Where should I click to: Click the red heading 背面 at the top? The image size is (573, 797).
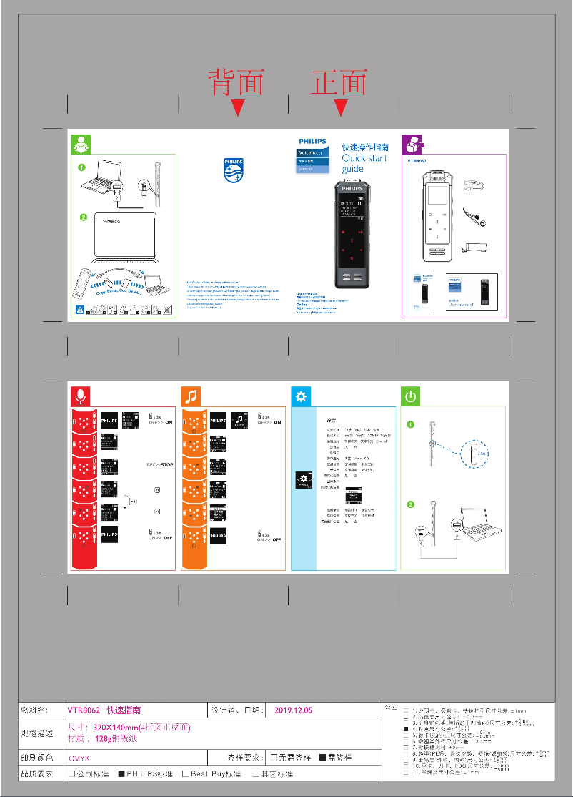pyautogui.click(x=236, y=82)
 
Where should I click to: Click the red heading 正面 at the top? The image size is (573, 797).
pyautogui.click(x=339, y=82)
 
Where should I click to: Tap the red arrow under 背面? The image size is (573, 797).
pyautogui.click(x=238, y=108)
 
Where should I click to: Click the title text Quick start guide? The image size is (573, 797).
pyautogui.click(x=363, y=158)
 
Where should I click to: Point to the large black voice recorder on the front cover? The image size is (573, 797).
pyautogui.click(x=352, y=234)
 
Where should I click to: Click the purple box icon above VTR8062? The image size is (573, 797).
pyautogui.click(x=412, y=144)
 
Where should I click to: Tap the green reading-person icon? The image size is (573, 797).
pyautogui.click(x=80, y=144)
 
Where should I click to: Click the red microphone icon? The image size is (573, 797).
pyautogui.click(x=80, y=396)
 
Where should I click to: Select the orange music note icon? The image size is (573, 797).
pyautogui.click(x=191, y=396)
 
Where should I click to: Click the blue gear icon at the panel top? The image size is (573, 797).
pyautogui.click(x=301, y=396)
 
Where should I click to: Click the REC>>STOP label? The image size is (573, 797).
pyautogui.click(x=159, y=464)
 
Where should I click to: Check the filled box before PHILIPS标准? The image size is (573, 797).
pyautogui.click(x=121, y=773)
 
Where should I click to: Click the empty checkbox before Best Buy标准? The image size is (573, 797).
pyautogui.click(x=185, y=773)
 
